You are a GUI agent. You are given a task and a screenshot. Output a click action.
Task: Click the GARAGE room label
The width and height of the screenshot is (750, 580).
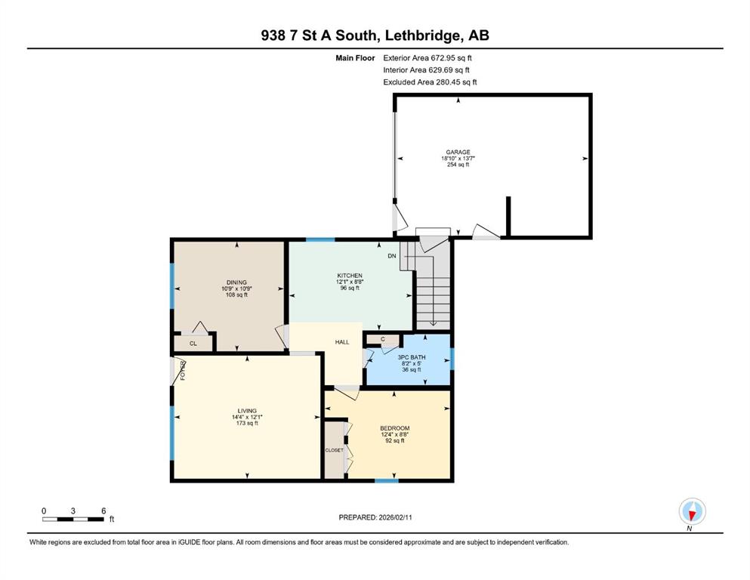point(458,152)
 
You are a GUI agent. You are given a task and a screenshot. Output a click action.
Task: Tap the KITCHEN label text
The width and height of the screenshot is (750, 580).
point(350,276)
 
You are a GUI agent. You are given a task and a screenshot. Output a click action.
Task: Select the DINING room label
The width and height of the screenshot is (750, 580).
point(236,282)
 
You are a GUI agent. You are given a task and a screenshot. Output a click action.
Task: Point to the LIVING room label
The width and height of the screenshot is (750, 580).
point(247,411)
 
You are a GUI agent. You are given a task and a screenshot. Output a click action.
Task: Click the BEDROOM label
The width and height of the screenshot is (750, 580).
point(394,428)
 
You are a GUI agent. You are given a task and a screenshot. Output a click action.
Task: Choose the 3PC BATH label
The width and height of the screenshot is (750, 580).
point(412,357)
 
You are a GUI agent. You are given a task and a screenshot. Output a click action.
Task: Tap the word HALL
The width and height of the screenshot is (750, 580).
point(342,342)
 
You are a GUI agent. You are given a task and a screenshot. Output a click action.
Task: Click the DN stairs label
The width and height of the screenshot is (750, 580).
point(392,256)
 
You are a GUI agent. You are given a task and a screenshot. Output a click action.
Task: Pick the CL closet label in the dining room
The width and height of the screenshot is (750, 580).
point(193,344)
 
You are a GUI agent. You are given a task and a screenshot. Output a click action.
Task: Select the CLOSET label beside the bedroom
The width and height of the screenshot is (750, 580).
point(335,450)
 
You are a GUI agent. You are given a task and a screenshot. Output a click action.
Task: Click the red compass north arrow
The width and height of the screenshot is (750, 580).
point(692,515)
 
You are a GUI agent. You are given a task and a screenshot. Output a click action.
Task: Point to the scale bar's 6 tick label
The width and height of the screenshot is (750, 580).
point(103,511)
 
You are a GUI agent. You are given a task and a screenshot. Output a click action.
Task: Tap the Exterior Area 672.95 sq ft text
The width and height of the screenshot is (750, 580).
point(427,58)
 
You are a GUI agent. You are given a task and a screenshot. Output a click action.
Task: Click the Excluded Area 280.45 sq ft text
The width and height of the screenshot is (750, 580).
point(430,82)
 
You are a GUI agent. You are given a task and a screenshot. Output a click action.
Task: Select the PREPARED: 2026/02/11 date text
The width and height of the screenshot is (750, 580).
point(375,517)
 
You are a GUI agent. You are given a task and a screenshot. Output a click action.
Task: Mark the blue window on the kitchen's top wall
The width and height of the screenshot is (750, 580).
point(320,239)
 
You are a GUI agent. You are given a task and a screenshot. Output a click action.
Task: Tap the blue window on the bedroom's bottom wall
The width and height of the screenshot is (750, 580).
point(387,480)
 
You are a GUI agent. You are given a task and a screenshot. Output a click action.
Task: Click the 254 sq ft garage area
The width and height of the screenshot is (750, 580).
point(458,165)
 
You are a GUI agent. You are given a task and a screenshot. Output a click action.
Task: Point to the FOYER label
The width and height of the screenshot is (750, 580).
point(183,371)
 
